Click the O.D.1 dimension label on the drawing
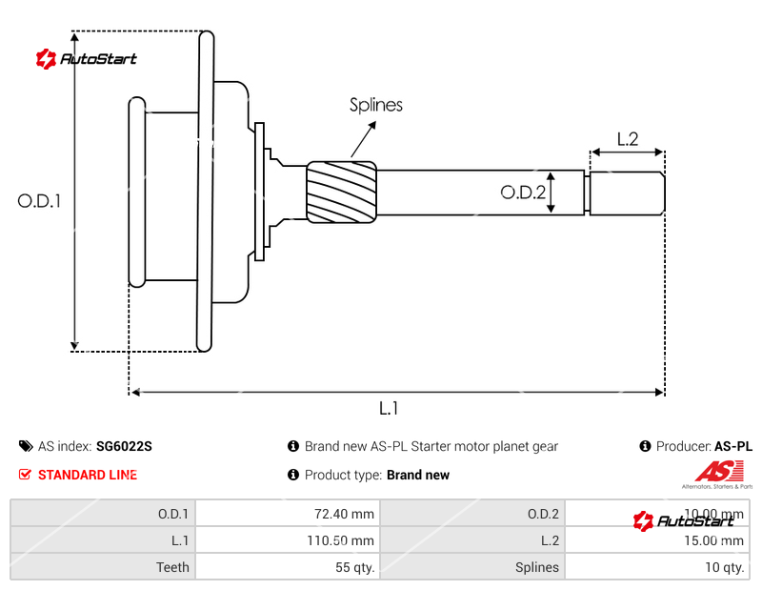point(39,201)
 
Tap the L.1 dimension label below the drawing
point(389,408)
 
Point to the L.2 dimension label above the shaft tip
point(627,139)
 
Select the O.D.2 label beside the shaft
point(523,193)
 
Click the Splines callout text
point(375,105)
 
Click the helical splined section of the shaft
point(341,192)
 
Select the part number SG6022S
point(124,446)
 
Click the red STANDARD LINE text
point(88,475)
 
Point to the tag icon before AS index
point(25,446)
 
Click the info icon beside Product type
point(293,475)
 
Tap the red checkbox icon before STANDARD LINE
point(25,475)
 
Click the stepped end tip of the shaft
point(626,193)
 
